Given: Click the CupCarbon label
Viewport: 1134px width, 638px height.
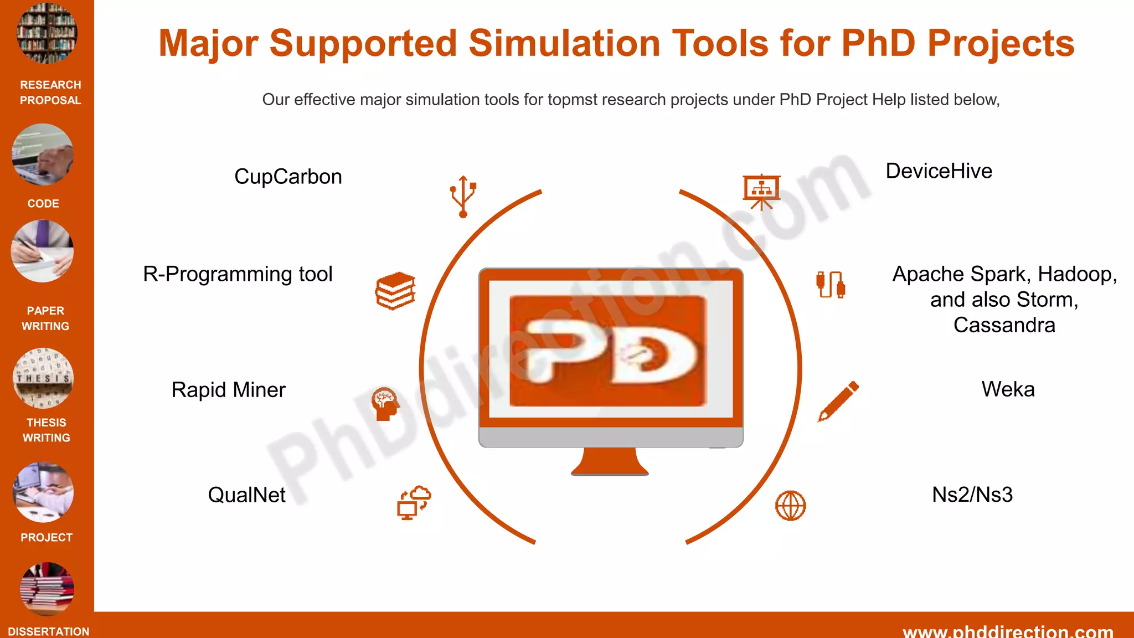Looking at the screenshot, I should (x=288, y=177).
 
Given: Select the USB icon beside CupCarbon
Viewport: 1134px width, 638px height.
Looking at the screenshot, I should (x=463, y=196).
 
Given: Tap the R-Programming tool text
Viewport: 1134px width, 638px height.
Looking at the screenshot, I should (x=238, y=274).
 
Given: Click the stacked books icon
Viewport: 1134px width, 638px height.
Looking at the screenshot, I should (x=395, y=291).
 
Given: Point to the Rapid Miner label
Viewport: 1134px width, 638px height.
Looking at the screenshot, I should (x=228, y=390).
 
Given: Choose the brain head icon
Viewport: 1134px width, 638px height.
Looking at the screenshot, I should (x=385, y=404).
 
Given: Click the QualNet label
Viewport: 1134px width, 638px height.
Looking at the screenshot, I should (x=246, y=495).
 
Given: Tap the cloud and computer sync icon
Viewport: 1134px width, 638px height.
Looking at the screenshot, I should (x=414, y=503).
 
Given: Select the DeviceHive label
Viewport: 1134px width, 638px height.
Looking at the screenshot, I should (x=939, y=171).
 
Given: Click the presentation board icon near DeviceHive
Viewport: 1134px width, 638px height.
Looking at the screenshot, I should (x=761, y=192).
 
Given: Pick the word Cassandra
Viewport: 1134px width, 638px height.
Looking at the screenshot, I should (x=1004, y=325).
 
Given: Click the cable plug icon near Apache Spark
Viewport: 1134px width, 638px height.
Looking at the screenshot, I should (x=831, y=285).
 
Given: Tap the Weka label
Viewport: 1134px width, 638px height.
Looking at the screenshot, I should (x=1008, y=389).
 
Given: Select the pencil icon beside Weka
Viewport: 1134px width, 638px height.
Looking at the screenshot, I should (x=838, y=401).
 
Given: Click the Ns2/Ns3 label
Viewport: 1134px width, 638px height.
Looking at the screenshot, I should (x=972, y=495).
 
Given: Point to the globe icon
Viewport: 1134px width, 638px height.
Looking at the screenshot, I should (x=790, y=506).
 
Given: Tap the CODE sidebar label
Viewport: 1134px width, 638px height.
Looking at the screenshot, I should (x=43, y=204).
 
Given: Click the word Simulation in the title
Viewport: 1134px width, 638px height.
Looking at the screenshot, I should (x=564, y=43).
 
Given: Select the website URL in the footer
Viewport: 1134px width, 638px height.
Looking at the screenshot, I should (x=1007, y=631).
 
